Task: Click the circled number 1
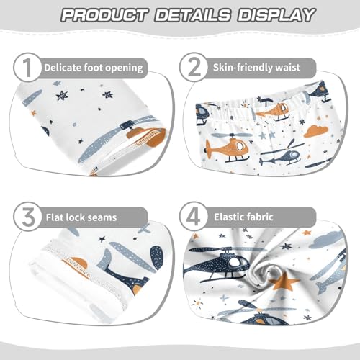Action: pos(27,68)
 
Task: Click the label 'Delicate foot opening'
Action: pos(93,68)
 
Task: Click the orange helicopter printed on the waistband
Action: pos(271,110)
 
